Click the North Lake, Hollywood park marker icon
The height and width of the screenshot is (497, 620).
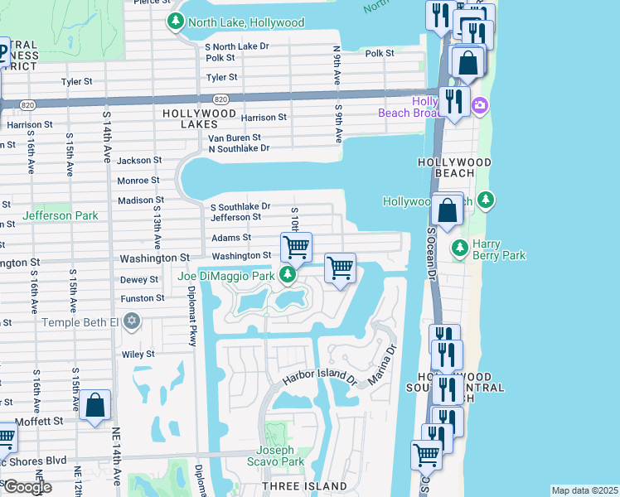point(175,22)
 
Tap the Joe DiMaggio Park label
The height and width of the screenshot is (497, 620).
point(225,275)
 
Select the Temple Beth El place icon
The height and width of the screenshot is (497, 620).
point(131,321)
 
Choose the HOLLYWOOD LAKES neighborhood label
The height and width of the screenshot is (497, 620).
point(200,118)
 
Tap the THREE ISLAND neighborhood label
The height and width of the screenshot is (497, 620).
point(304,485)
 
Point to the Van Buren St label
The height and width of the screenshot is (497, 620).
point(234,138)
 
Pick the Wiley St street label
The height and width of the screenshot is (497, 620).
point(138,354)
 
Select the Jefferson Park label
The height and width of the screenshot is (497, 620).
point(60,215)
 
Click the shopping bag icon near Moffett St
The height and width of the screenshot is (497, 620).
point(95,406)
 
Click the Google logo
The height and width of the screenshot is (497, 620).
point(27,487)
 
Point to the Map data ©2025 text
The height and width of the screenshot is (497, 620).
point(584,490)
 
